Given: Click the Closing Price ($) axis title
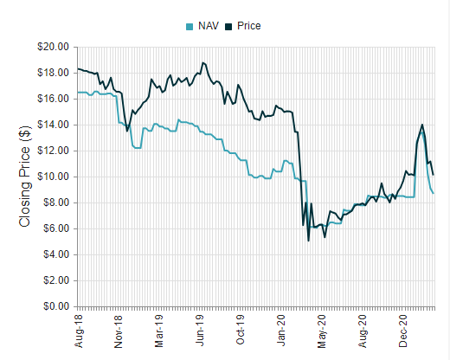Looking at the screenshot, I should coord(25,177).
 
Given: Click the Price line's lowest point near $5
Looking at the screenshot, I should coord(309,241).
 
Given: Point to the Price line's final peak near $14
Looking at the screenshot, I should coord(421,125).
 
